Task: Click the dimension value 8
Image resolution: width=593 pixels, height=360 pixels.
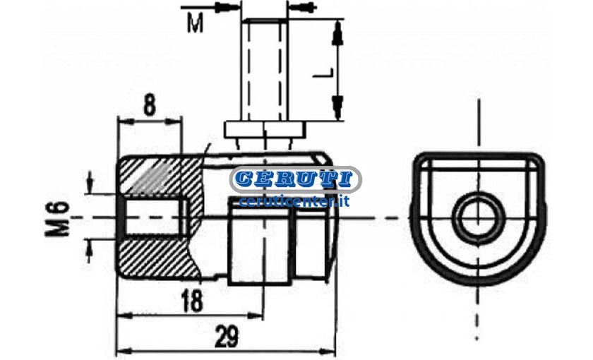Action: pos(150,105)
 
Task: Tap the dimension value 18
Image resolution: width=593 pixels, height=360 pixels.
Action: pos(192,301)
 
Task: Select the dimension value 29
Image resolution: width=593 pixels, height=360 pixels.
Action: pos(227,336)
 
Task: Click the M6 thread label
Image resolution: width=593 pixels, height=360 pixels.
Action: pos(58,219)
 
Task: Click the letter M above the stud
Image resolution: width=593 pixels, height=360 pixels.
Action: pos(195,23)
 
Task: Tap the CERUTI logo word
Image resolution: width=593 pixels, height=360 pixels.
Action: pos(295,179)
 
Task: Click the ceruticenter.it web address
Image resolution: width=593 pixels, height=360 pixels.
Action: pos(294,202)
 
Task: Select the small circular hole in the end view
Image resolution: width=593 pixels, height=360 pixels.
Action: pos(479,218)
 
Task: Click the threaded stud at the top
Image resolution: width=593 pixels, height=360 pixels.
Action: pos(264,70)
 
